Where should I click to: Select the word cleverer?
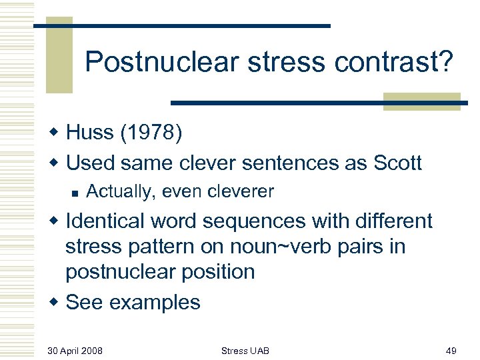pos(241,192)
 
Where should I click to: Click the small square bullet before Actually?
pos(75,193)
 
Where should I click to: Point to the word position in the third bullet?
pos(218,272)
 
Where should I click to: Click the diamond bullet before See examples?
pos(55,303)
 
